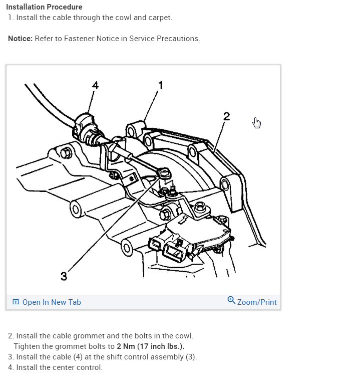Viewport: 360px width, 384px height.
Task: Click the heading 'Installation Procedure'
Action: tap(45, 7)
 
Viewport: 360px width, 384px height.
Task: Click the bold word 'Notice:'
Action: tap(21, 39)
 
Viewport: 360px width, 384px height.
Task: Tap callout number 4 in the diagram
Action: tap(95, 85)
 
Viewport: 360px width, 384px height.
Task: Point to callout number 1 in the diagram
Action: tap(160, 85)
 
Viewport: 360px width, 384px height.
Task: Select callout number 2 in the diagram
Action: tap(227, 116)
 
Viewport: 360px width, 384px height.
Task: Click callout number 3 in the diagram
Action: tap(64, 276)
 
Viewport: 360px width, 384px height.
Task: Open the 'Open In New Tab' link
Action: tap(51, 302)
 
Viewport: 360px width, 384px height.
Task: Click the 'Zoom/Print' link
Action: tap(256, 302)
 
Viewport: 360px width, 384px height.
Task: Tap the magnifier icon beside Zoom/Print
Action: tap(231, 300)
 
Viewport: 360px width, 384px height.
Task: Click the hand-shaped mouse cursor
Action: tap(257, 123)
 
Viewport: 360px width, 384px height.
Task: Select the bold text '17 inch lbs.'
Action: tap(162, 346)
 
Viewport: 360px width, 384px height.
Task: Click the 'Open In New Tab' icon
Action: tap(16, 302)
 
